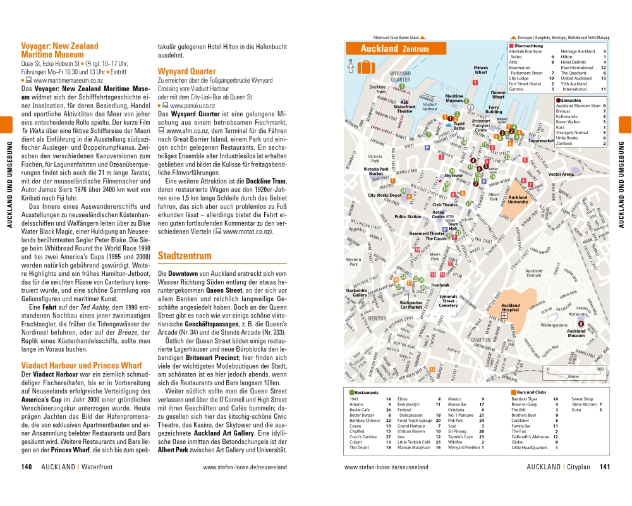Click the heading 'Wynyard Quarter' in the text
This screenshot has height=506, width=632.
coord(186,71)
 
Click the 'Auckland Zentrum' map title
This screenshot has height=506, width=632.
coord(394,49)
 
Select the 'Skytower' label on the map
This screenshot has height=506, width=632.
coord(454,175)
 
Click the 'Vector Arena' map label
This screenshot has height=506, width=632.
coord(561,173)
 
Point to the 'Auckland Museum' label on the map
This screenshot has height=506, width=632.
coord(576,333)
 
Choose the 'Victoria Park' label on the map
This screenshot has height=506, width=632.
coord(375,158)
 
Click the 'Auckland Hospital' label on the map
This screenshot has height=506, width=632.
coord(510,308)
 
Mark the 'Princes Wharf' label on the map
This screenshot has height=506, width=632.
coord(480,70)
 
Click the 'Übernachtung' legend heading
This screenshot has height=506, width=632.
coord(529,46)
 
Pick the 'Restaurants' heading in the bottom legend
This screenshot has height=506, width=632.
coord(367,393)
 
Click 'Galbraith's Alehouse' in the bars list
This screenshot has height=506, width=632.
coord(530,436)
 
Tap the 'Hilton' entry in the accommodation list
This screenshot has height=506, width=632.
coord(567,56)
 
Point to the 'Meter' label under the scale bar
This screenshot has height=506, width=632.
coord(573,376)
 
